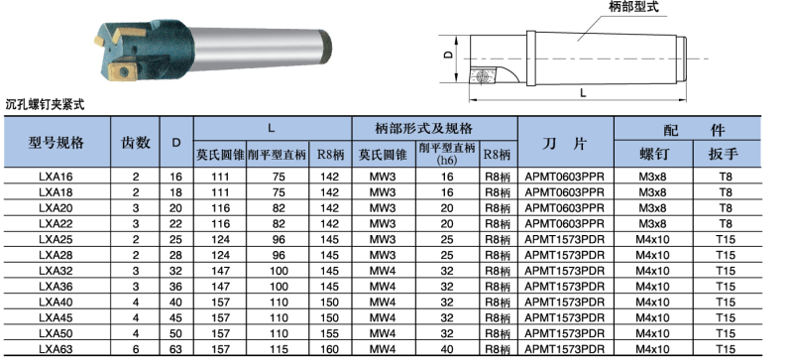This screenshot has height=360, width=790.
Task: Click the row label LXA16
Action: coord(56,177)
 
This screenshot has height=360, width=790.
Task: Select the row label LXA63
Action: coord(56,349)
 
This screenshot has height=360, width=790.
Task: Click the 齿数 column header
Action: coord(136,143)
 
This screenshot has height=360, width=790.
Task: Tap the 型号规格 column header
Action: coord(56,143)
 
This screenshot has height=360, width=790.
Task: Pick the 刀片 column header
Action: coord(565,144)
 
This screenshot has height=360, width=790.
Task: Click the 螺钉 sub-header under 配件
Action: coord(653,154)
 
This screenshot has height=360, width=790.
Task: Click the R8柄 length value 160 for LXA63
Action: coord(329,349)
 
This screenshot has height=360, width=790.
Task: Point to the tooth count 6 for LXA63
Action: coord(136,349)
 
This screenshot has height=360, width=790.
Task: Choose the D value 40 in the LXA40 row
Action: coord(175,302)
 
